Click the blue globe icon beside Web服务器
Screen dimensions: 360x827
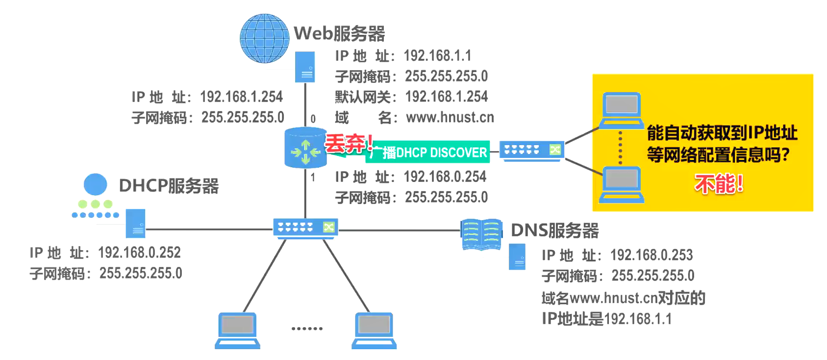[x=264, y=38]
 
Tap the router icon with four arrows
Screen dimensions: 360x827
[x=305, y=149]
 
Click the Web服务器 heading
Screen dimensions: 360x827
[x=339, y=33]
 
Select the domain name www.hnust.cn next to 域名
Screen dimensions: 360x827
[x=450, y=117]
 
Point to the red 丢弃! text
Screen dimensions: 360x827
[x=349, y=144]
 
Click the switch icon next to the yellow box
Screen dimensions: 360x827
[x=531, y=150]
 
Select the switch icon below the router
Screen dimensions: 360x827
[x=305, y=228]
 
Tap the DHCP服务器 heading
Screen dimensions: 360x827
[x=169, y=186]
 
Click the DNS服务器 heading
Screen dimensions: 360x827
[x=554, y=230]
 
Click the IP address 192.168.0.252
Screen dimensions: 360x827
[x=139, y=253]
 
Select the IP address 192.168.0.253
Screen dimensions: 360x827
[x=651, y=255]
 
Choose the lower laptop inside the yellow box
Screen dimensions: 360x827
[x=622, y=184]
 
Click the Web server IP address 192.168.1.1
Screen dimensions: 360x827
[x=437, y=55]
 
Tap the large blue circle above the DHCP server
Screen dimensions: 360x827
[x=95, y=184]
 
